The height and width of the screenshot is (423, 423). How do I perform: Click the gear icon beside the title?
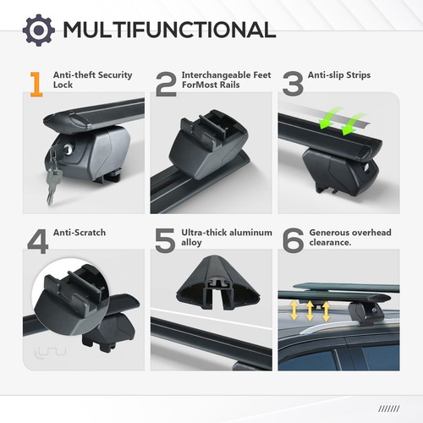(x=38, y=30)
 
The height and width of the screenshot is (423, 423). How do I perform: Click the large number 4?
(x=37, y=239)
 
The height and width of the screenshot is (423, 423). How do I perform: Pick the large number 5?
(x=165, y=239)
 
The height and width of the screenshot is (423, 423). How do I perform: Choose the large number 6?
(x=292, y=239)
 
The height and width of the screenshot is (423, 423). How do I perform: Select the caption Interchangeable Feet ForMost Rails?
(x=219, y=80)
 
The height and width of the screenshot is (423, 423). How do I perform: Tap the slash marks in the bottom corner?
(x=391, y=408)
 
